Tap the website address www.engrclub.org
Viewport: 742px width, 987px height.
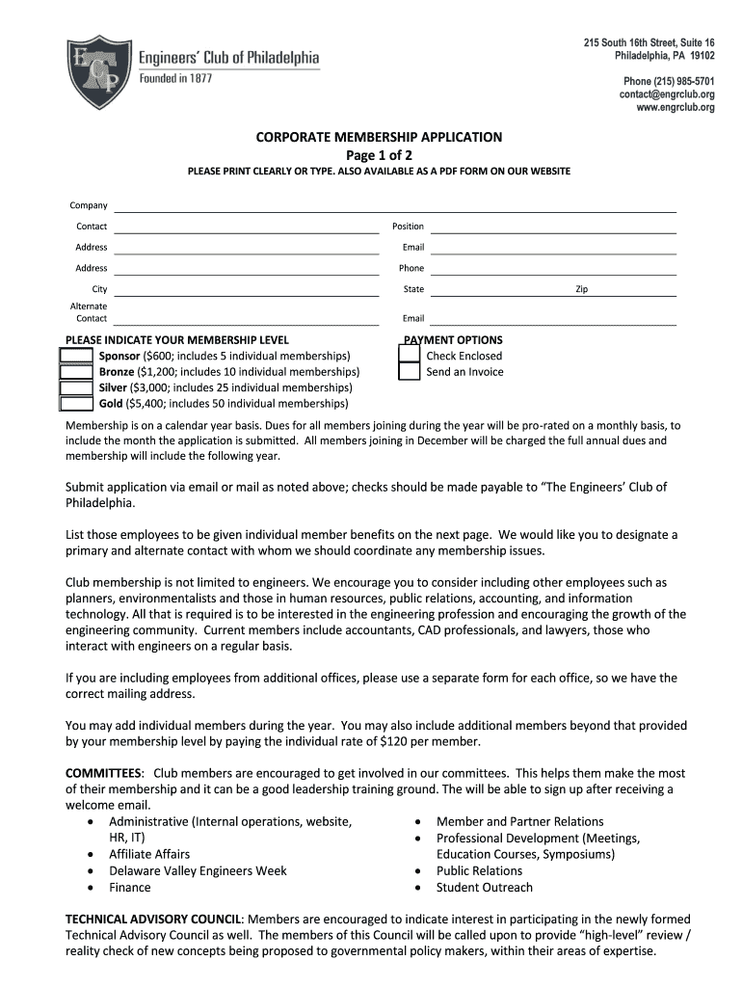click(675, 108)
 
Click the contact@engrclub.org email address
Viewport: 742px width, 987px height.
click(667, 95)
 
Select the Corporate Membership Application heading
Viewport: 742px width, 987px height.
click(379, 138)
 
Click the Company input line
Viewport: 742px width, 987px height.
click(395, 205)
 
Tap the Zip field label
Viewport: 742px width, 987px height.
click(581, 289)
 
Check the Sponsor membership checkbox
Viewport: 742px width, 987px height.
click(76, 356)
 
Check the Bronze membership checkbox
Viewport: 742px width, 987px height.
click(76, 372)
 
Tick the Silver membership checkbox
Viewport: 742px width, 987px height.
click(76, 387)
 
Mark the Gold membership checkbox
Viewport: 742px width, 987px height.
click(76, 404)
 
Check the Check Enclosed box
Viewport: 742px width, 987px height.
click(410, 356)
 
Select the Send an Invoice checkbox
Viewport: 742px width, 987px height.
click(410, 372)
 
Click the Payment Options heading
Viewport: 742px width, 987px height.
click(453, 340)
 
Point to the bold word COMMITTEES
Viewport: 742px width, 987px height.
click(103, 773)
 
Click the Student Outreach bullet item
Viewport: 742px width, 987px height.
click(484, 888)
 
